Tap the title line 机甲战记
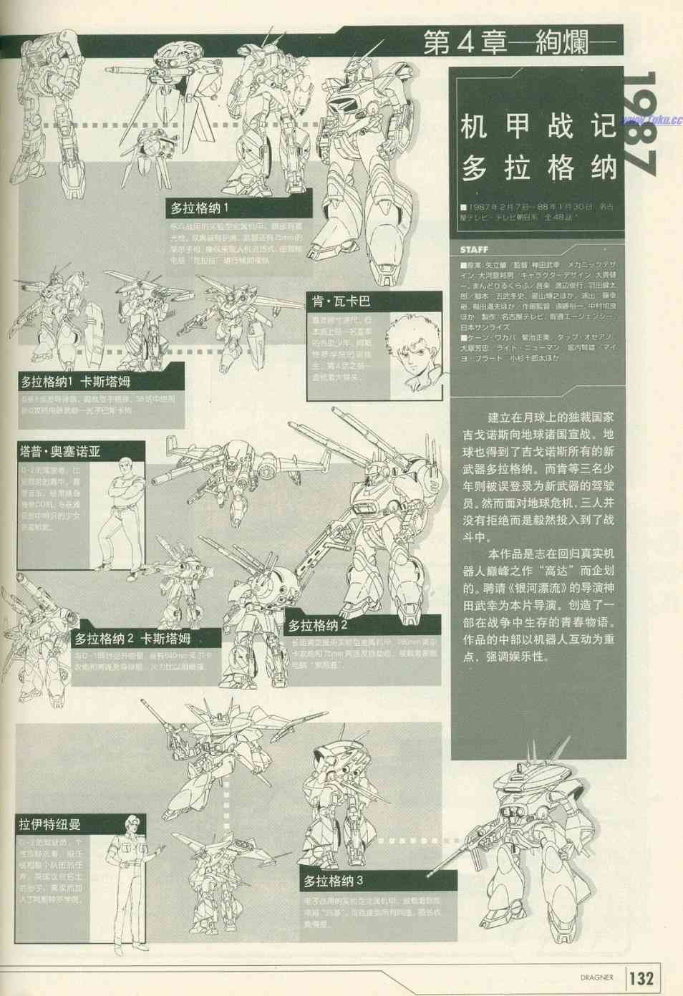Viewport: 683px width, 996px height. (x=538, y=127)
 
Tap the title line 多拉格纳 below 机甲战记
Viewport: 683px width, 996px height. (x=538, y=168)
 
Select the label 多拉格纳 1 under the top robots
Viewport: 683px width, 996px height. (x=199, y=208)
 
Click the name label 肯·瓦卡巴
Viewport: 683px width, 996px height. (x=341, y=301)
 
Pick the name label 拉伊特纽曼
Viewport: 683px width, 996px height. (x=50, y=824)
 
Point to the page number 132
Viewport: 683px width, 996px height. (x=641, y=978)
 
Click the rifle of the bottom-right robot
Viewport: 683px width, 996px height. (x=465, y=856)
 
